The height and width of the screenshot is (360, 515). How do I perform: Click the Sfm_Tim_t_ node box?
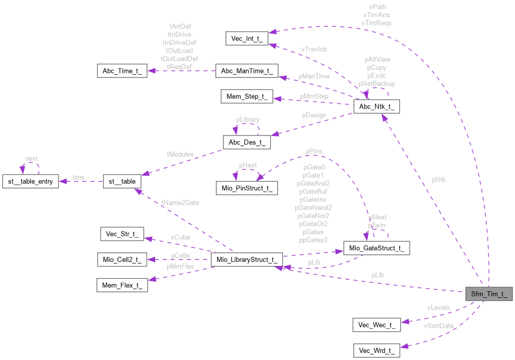tap(489, 293)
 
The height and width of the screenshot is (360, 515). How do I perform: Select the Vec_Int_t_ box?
tap(246, 38)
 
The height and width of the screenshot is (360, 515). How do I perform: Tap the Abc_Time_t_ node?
tap(122, 70)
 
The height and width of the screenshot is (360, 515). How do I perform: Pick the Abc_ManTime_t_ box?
tap(246, 70)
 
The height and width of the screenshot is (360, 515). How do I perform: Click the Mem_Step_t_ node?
tap(246, 96)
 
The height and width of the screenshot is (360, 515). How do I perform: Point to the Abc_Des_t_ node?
tap(246, 143)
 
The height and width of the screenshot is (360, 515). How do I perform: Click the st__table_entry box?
tap(31, 181)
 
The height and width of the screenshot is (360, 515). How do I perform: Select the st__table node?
tap(122, 181)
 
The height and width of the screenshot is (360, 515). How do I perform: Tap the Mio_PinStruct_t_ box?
tap(246, 188)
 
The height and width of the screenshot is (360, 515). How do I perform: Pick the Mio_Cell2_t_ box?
tap(122, 259)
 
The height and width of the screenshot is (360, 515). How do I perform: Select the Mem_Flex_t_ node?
tap(122, 285)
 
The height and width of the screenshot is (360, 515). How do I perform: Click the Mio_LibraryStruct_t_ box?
tap(246, 259)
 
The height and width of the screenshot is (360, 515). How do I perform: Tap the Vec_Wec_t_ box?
tap(377, 325)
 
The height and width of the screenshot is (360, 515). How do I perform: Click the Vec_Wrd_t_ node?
tap(377, 350)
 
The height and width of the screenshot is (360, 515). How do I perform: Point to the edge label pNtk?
tap(439, 179)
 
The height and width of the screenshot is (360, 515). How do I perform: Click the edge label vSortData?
tap(439, 326)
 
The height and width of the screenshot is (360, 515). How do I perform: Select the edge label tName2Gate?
tap(180, 203)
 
